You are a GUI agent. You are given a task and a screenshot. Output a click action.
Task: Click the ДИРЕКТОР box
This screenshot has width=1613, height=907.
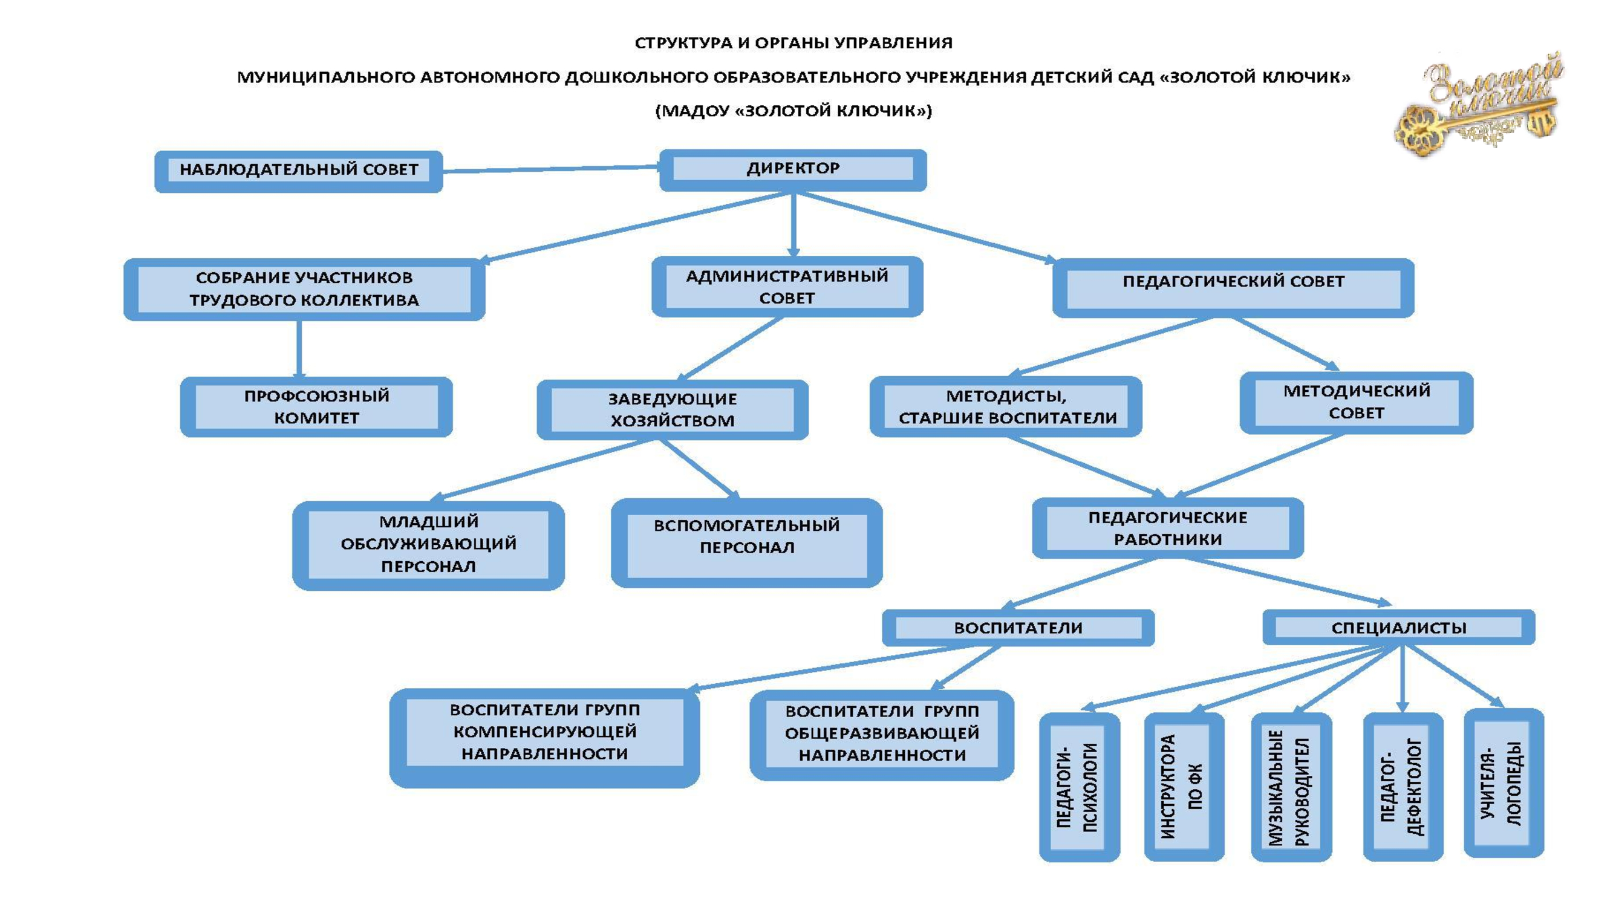point(793,170)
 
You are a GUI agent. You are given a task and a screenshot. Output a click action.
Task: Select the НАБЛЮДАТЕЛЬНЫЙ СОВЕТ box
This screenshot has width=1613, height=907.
point(299,171)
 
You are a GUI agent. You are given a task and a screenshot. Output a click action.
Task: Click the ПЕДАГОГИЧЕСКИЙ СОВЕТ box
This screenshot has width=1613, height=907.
point(1233,287)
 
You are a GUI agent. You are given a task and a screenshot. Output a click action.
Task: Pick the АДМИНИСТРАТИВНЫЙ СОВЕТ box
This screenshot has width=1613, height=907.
point(787,287)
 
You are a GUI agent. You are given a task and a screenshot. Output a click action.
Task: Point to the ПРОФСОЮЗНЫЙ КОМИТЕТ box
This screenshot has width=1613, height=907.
point(316,406)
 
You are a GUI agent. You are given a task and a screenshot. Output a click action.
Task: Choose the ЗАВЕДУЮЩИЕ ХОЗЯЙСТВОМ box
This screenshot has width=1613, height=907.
point(673,409)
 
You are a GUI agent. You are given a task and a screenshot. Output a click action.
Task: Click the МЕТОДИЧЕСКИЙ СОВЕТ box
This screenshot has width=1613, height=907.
point(1357,402)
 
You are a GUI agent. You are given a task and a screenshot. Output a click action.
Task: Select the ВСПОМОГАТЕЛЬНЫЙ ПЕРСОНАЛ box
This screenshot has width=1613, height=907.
point(746,542)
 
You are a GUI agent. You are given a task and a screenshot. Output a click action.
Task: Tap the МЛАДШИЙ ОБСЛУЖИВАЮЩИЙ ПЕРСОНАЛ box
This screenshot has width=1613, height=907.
point(428,544)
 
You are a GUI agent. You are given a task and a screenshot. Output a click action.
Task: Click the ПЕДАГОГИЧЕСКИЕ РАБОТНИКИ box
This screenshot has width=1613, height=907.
point(1168,528)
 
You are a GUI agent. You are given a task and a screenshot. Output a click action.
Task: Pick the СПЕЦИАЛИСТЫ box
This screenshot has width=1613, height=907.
point(1398,627)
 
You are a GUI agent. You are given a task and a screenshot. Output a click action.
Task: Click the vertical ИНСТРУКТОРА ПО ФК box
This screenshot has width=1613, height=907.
point(1184,786)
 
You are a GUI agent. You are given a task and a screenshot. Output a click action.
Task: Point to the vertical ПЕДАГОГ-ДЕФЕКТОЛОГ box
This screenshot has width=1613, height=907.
point(1403,786)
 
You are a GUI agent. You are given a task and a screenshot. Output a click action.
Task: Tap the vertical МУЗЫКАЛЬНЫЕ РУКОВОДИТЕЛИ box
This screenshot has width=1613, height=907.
point(1291,786)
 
